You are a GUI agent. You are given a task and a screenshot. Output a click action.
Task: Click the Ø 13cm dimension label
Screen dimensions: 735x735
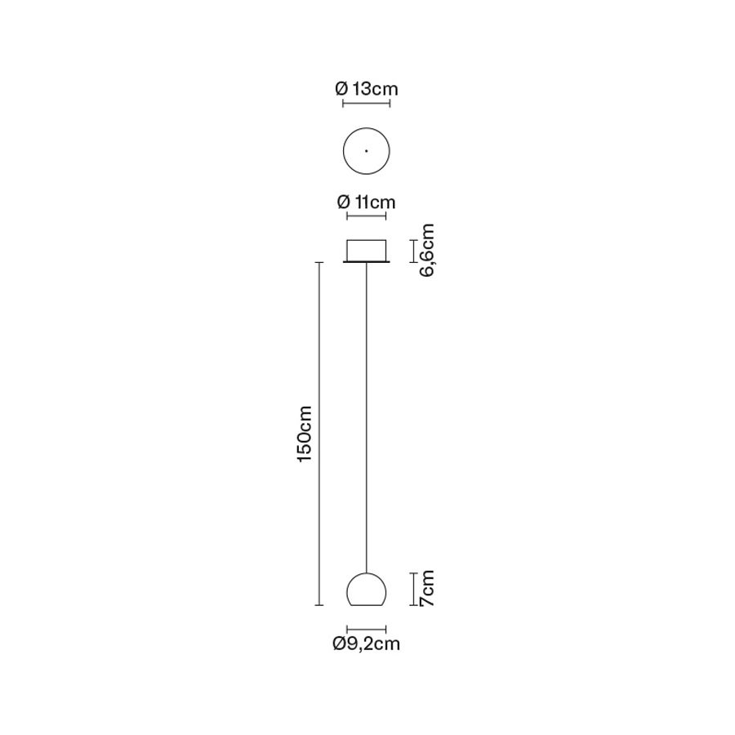click(367, 88)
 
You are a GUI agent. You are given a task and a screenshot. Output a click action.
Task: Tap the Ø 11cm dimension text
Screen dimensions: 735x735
click(367, 202)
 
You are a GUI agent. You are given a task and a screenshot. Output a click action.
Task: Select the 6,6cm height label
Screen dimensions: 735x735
click(426, 251)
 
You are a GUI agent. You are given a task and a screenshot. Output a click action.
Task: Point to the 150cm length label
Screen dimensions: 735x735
click(305, 434)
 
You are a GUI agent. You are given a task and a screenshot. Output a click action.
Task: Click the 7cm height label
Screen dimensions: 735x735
click(426, 589)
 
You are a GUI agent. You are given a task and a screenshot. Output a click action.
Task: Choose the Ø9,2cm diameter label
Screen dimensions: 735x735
click(367, 644)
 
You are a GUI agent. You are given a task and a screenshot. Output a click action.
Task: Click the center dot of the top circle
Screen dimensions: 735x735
click(366, 151)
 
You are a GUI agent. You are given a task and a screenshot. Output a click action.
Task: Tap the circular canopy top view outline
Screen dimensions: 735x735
click(343, 151)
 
